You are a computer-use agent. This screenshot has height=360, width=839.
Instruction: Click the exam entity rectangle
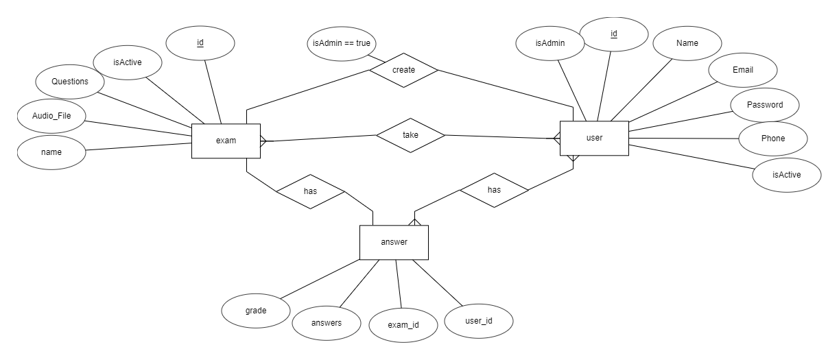coord(226,141)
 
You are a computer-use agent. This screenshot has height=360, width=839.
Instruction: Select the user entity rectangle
coord(594,138)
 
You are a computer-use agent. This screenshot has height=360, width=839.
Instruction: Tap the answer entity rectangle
coord(394,242)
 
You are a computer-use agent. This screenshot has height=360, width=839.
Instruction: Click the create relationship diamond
coord(403,70)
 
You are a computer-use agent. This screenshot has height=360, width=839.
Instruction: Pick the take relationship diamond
coord(410,135)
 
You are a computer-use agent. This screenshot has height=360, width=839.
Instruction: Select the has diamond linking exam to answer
coord(309,192)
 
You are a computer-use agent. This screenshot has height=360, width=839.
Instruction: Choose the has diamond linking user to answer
coord(494,189)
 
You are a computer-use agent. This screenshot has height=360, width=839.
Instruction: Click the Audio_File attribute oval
coord(51,117)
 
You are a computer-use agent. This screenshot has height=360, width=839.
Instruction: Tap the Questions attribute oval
coord(70,81)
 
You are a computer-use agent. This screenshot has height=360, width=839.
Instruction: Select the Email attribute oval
coord(742,70)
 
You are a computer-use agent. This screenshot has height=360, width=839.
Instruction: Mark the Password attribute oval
coord(764,106)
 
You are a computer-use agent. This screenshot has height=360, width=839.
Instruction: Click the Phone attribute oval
coord(772,139)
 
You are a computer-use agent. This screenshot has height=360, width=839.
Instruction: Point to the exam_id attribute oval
coord(403,324)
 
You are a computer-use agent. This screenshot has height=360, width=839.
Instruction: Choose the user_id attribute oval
coord(478,320)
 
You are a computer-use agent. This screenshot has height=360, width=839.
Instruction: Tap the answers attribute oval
coord(327,322)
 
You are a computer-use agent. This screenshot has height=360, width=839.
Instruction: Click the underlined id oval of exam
coord(200,43)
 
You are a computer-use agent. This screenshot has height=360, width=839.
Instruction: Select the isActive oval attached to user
coord(786,174)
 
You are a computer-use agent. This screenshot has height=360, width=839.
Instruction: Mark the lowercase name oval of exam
coord(51,152)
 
